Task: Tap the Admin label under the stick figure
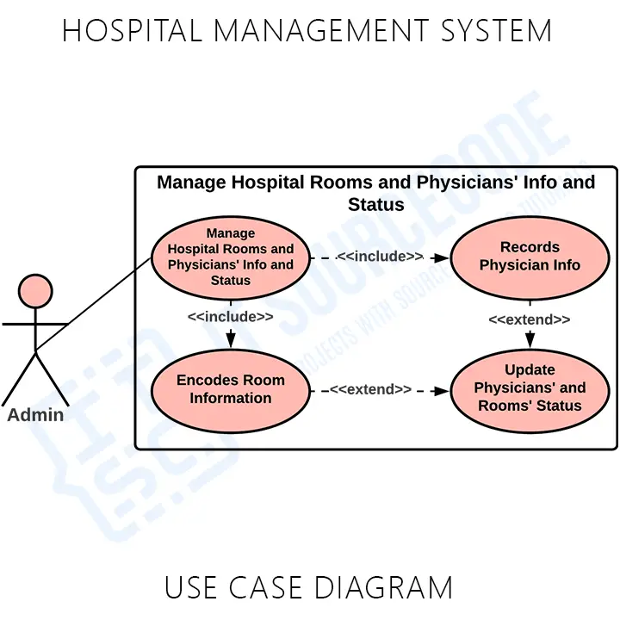point(35,415)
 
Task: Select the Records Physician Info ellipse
point(530,257)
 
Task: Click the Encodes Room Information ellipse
point(230,389)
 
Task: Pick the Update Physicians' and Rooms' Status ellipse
point(530,388)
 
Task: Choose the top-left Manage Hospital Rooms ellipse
point(230,257)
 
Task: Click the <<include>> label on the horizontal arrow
point(380,257)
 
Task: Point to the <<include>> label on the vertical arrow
point(230,316)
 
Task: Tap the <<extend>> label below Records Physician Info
point(530,319)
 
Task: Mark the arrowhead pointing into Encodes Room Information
point(230,341)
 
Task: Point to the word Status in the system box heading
point(375,205)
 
